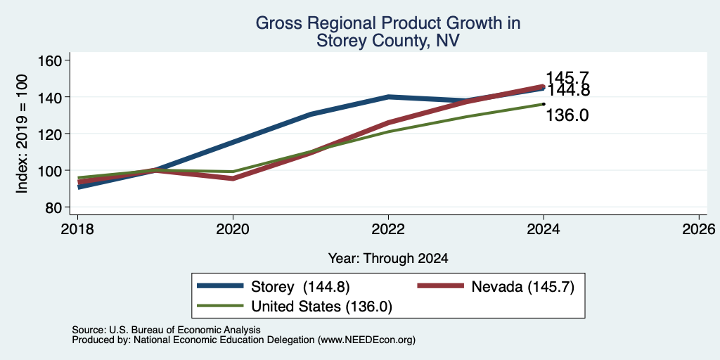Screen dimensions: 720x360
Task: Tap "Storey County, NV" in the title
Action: click(387, 41)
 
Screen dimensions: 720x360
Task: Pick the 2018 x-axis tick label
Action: click(77, 229)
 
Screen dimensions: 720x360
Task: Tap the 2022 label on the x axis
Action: click(388, 229)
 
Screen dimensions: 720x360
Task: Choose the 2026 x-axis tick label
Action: click(699, 229)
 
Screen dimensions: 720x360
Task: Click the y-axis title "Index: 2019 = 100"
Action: click(22, 134)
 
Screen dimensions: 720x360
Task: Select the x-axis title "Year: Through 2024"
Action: click(388, 259)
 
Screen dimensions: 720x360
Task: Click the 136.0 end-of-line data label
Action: click(567, 115)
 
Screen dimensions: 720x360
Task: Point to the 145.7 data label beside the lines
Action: click(567, 77)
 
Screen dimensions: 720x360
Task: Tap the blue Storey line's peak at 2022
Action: click(388, 97)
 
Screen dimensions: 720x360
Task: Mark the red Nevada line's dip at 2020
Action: click(233, 179)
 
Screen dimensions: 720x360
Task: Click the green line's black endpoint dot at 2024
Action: click(544, 104)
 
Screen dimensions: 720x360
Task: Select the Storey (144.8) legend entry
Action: click(274, 287)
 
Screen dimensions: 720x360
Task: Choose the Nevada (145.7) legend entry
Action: click(496, 287)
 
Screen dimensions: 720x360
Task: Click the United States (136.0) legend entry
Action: click(295, 306)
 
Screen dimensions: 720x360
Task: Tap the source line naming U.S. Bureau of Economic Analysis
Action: click(166, 330)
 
